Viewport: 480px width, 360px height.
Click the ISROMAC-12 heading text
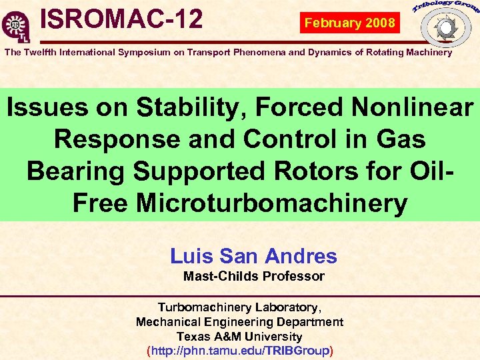(x=121, y=19)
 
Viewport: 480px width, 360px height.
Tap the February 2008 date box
(x=350, y=23)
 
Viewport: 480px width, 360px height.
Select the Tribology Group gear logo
(x=444, y=26)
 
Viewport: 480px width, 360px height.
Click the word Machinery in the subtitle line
(x=428, y=52)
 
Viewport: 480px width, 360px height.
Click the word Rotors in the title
(x=323, y=171)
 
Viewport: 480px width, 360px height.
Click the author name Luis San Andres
(x=253, y=256)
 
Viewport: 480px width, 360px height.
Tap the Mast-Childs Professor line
(x=253, y=276)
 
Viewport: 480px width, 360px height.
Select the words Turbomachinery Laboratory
(x=239, y=307)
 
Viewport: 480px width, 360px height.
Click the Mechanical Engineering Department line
(x=239, y=322)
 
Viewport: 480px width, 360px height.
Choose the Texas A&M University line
(x=239, y=337)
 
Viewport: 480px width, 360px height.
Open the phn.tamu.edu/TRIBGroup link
(x=239, y=351)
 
